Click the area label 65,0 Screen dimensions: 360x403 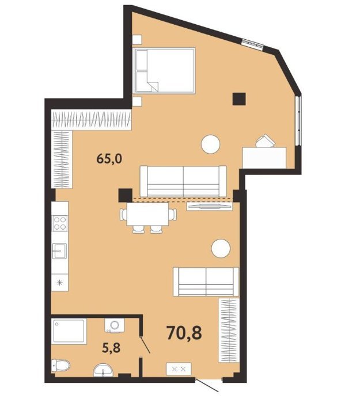(x=109, y=159)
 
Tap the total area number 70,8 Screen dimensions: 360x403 (x=184, y=332)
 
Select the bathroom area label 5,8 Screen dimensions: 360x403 (x=112, y=348)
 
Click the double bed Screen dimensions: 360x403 (x=164, y=70)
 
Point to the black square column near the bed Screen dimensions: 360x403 (x=239, y=99)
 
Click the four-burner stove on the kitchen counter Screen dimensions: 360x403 (x=60, y=223)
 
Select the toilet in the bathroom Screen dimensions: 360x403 (x=60, y=366)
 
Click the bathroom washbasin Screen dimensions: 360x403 (x=103, y=370)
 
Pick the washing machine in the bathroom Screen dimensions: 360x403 (x=115, y=326)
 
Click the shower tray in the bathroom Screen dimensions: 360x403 (x=69, y=331)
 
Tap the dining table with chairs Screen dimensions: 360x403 (x=148, y=218)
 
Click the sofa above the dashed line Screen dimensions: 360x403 (x=183, y=181)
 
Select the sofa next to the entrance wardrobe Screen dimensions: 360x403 (x=206, y=282)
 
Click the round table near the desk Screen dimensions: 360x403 (x=211, y=144)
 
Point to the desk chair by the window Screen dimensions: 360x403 (x=265, y=140)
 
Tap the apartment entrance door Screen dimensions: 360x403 (x=207, y=389)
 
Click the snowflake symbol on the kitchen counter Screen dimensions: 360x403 (x=60, y=283)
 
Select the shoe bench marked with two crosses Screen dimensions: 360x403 (x=179, y=369)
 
